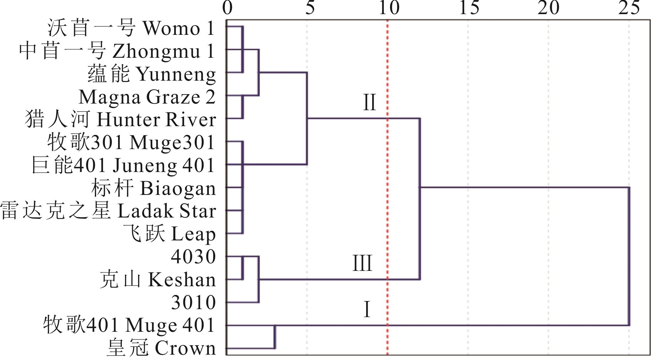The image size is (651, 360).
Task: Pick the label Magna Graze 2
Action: pyautogui.click(x=147, y=97)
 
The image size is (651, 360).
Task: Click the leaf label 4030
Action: pyautogui.click(x=193, y=257)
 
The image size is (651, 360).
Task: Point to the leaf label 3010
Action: pyautogui.click(x=193, y=303)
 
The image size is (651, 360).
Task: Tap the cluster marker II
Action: pyautogui.click(x=369, y=103)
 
